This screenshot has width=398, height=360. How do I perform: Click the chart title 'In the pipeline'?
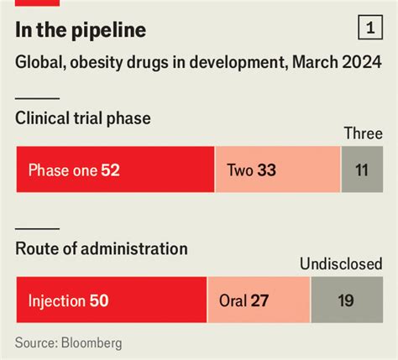(x=81, y=31)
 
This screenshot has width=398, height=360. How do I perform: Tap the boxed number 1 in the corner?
(x=369, y=29)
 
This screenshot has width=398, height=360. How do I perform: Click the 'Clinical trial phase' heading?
(x=83, y=118)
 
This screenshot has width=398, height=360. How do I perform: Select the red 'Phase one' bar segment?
(x=115, y=170)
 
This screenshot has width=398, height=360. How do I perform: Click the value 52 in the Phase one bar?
(x=110, y=170)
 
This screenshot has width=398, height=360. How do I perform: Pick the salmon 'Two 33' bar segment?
(x=278, y=170)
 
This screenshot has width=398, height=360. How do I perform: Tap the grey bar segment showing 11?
(x=362, y=170)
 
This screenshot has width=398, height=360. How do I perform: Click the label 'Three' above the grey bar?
(x=364, y=133)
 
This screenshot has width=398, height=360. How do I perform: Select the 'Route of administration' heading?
(x=101, y=248)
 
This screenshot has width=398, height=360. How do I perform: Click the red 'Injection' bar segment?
(x=112, y=300)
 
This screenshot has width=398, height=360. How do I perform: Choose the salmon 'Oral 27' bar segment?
(x=259, y=300)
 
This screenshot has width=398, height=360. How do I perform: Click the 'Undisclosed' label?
(x=342, y=264)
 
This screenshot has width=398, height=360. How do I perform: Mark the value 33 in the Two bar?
(x=267, y=170)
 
